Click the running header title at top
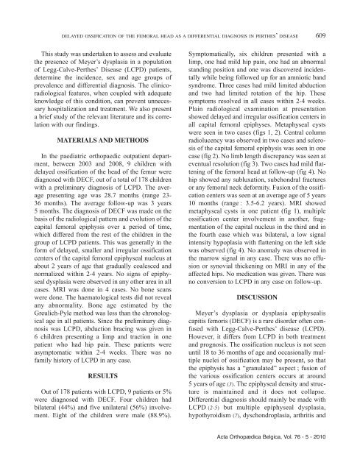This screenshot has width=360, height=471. click(x=182, y=36)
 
